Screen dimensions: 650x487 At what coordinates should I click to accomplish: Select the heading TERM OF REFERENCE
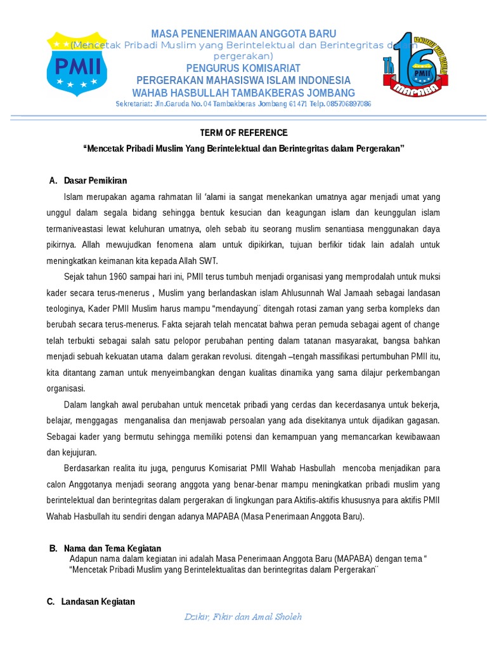(243, 133)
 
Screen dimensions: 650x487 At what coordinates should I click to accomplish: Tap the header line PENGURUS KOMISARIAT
(243, 68)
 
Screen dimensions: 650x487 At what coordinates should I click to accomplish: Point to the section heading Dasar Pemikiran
(95, 181)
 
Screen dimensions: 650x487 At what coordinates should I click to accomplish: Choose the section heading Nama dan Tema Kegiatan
(112, 548)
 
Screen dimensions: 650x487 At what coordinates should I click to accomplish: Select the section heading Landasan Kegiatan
(98, 602)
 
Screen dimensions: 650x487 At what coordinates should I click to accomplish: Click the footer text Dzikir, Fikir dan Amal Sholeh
(243, 616)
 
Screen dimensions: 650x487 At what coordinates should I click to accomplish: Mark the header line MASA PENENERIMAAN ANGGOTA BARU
(243, 34)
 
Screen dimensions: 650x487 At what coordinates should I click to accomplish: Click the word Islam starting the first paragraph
(74, 196)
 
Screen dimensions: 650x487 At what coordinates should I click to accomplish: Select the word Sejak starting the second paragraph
(75, 276)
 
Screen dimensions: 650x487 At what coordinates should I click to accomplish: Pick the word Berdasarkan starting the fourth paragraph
(87, 468)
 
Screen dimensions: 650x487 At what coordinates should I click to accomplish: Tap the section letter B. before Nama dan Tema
(53, 548)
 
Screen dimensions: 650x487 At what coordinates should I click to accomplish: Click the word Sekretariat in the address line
(134, 104)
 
